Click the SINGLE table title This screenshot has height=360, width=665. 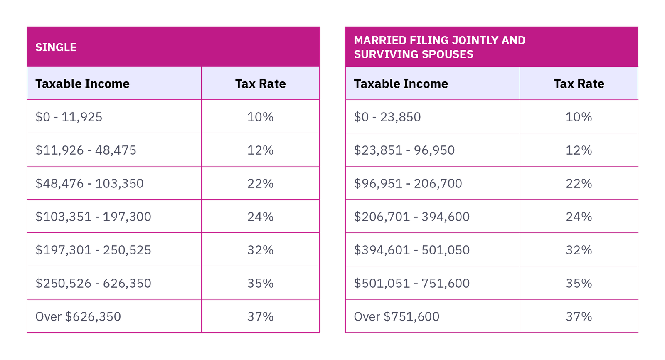pos(56,47)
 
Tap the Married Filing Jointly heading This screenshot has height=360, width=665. pos(439,47)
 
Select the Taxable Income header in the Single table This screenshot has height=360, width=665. pos(82,84)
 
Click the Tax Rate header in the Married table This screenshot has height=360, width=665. pos(579,84)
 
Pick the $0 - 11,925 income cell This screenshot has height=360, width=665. pos(69,117)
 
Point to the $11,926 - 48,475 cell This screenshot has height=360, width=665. pos(86,150)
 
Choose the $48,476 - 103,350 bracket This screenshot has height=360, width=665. pos(89,183)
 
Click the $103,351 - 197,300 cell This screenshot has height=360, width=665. pos(94,217)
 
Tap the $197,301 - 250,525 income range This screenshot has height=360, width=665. pos(94,250)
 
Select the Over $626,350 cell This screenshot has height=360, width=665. pos(78,316)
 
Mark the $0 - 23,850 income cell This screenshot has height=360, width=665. pos(387,117)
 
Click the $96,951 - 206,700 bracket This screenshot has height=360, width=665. pos(408,183)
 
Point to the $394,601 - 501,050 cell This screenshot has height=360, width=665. pos(411,250)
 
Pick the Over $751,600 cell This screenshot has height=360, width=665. pos(397,316)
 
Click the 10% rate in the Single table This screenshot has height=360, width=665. pos(261,117)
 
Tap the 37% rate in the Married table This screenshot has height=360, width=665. pos(579,316)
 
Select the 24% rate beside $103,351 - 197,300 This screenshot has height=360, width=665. pos(261,217)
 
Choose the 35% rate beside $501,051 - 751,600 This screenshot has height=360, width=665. pos(579,283)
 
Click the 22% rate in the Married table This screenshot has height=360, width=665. pos(579,183)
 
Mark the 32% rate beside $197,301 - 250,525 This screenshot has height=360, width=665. pos(261,250)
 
